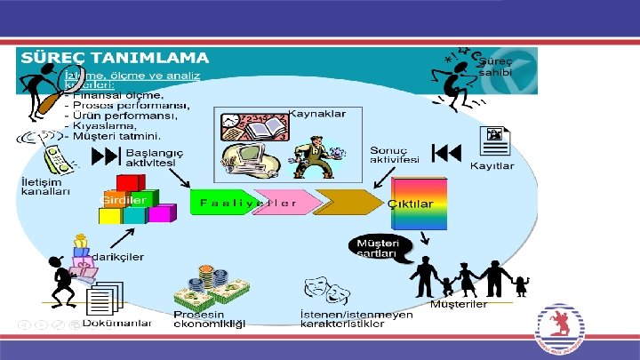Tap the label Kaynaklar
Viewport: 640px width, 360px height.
316,114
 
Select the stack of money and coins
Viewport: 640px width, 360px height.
211,285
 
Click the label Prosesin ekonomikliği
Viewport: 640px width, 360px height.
208,319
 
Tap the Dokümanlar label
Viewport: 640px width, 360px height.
116,322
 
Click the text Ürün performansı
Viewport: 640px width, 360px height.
116,115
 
